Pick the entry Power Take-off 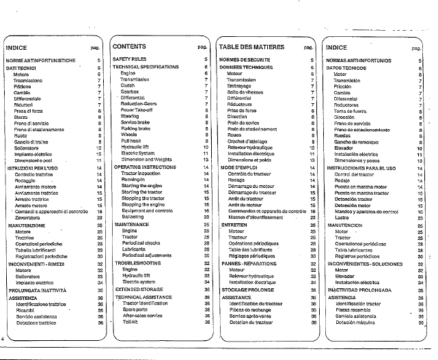click(x=137, y=109)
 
